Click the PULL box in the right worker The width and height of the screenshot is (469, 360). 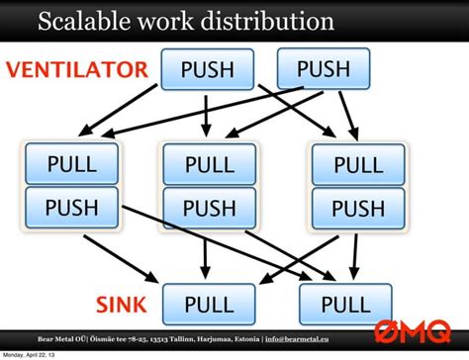click(x=357, y=163)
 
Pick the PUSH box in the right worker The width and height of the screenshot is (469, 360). click(x=357, y=209)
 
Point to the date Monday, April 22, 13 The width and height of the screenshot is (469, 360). click(x=30, y=354)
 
